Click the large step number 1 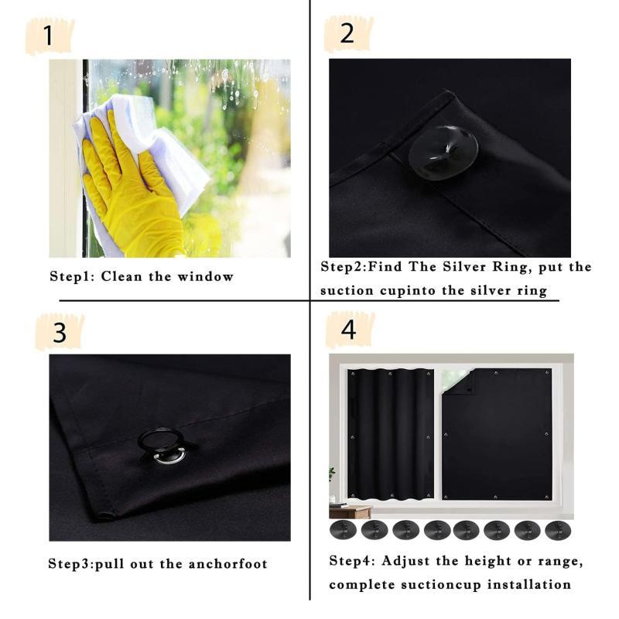[x=48, y=36]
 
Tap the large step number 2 [x=347, y=33]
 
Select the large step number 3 [x=60, y=333]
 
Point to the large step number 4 [x=348, y=330]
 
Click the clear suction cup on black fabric [x=443, y=152]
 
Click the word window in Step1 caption [x=205, y=276]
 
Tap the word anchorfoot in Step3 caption [x=227, y=563]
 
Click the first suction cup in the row [x=343, y=530]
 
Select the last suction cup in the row [x=558, y=530]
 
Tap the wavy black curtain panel [x=391, y=434]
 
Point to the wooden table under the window [x=350, y=511]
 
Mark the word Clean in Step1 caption [x=122, y=276]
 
